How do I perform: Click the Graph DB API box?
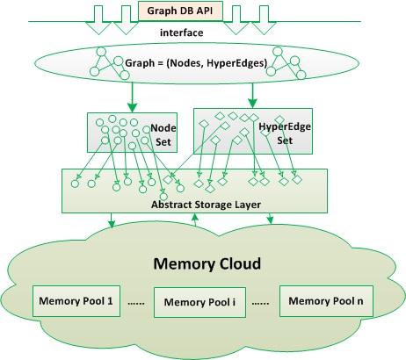[180, 11]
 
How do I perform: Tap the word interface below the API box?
[181, 32]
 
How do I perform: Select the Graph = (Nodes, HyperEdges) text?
[196, 63]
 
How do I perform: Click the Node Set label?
[163, 135]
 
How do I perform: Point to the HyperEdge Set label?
[285, 133]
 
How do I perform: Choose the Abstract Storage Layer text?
[206, 205]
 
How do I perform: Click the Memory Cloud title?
[207, 263]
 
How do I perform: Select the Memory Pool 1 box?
[76, 301]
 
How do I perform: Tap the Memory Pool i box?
[199, 302]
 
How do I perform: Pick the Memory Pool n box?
[326, 301]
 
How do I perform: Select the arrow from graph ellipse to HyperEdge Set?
[252, 96]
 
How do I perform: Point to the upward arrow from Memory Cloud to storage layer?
[195, 220]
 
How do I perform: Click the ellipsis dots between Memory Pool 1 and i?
[136, 304]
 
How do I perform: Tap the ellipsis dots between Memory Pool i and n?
[260, 304]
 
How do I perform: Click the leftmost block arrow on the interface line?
[98, 20]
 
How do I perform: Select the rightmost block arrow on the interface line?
[264, 20]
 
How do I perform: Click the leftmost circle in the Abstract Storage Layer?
[75, 184]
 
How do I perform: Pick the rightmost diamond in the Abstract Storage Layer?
[297, 179]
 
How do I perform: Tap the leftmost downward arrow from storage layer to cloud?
[111, 220]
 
